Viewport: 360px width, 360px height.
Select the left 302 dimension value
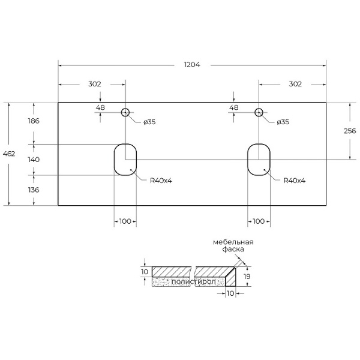point(94,84)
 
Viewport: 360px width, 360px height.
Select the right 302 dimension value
point(295,84)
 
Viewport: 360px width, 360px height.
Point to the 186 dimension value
point(34,121)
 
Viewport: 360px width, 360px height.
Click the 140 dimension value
point(34,160)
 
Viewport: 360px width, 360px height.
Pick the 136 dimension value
point(34,190)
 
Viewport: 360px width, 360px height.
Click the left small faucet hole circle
point(125,112)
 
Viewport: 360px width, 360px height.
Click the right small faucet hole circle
point(259,112)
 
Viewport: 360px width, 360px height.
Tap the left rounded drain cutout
point(125,160)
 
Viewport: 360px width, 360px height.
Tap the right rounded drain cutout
point(259,160)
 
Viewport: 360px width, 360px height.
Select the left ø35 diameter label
point(149,122)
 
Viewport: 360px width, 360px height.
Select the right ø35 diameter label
point(283,122)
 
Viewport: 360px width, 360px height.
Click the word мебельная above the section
point(233,242)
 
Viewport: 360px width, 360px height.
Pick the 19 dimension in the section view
point(247,277)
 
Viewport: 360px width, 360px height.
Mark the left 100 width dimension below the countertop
point(125,222)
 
